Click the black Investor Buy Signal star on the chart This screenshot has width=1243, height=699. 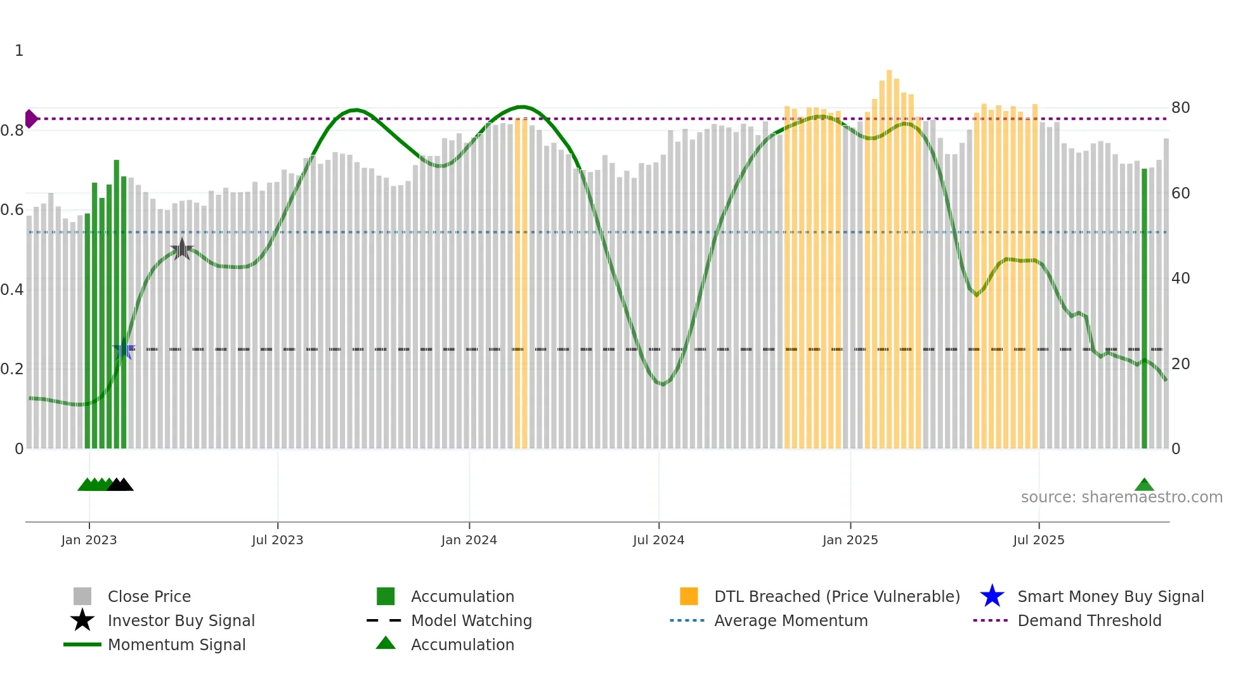tap(182, 249)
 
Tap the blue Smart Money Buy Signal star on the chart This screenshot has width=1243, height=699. tap(124, 349)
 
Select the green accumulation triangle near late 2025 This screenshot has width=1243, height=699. tap(1144, 485)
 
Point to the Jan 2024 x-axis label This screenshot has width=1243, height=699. tap(469, 540)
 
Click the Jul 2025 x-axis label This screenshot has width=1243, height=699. tap(1038, 540)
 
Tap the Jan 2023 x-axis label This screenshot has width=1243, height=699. tap(89, 540)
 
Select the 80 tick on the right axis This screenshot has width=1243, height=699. tap(1180, 108)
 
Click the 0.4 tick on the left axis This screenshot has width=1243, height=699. tap(12, 290)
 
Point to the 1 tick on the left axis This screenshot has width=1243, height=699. tap(19, 51)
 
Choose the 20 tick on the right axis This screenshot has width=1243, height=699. tap(1180, 364)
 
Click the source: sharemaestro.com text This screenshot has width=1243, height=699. tap(1121, 497)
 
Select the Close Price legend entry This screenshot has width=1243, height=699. tap(149, 597)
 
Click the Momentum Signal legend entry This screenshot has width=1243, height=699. tap(176, 645)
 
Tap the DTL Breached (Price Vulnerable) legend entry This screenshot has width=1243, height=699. tap(836, 597)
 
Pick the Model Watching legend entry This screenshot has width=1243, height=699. tap(471, 621)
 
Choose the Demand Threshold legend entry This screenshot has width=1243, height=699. tap(1089, 621)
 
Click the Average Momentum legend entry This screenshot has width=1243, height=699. tap(790, 621)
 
